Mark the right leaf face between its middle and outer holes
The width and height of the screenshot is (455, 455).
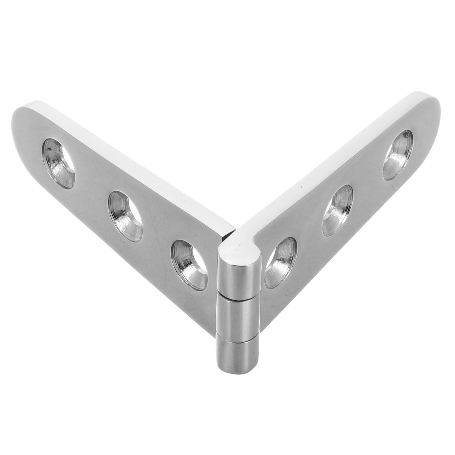[x=367, y=185]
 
